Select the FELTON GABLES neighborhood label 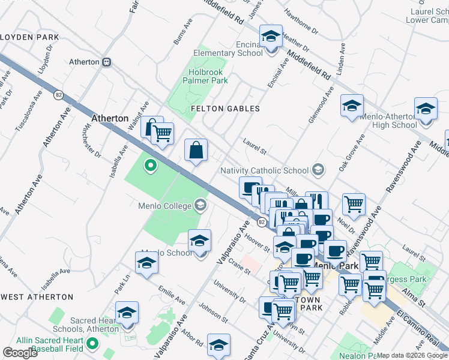pyautogui.click(x=225, y=109)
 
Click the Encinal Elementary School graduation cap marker pyautogui.click(x=271, y=37)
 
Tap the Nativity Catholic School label pyautogui.click(x=264, y=170)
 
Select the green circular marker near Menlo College pyautogui.click(x=150, y=165)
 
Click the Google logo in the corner pyautogui.click(x=20, y=353)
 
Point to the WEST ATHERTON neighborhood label pyautogui.click(x=37, y=297)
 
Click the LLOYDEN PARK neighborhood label pyautogui.click(x=29, y=37)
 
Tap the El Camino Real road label pyautogui.click(x=423, y=326)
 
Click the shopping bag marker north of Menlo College pyautogui.click(x=196, y=151)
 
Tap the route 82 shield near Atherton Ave pyautogui.click(x=58, y=95)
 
